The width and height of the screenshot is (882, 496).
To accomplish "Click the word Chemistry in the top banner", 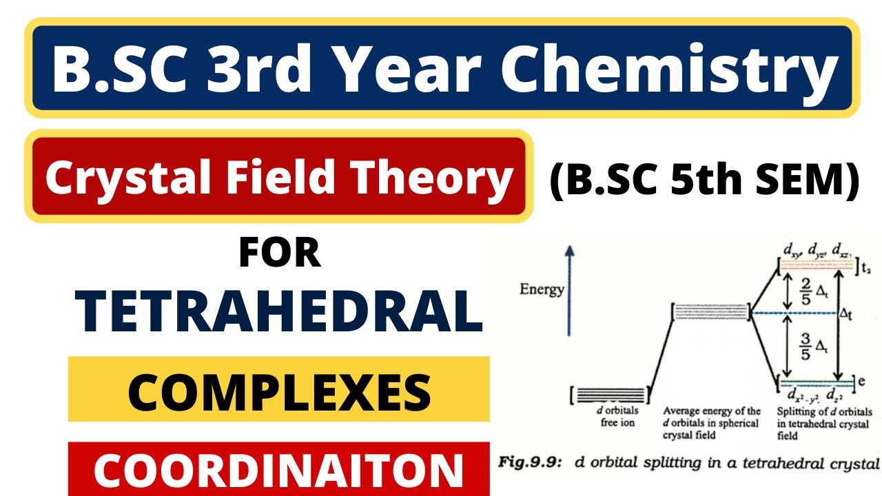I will coord(681,69).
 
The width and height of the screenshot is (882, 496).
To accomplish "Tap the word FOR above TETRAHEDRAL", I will coord(280,253).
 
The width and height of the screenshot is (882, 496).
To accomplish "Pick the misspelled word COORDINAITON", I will coord(279,470).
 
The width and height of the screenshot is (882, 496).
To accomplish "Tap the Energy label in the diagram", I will coord(542,290).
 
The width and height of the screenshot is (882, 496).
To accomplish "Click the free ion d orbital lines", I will coord(614,395).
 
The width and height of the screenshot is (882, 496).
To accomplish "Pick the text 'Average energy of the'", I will coord(712,411).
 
